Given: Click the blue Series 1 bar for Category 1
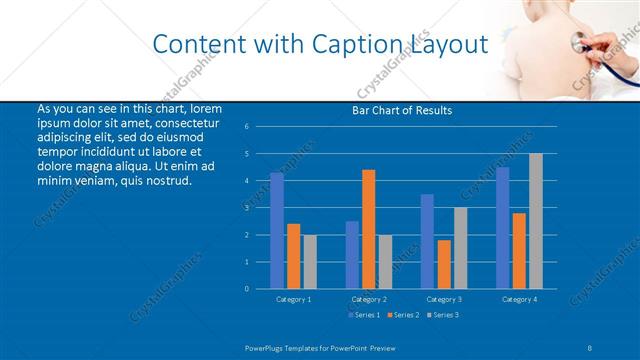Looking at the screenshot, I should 277,231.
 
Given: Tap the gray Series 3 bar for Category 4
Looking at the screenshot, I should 536,221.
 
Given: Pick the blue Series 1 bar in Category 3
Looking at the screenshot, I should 428,241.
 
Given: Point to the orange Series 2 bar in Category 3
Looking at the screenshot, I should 444,264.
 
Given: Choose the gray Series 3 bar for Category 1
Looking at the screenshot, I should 310,261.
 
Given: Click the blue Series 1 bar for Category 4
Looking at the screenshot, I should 503,228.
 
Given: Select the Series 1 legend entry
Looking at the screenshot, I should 365,315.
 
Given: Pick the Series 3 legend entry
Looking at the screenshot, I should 444,315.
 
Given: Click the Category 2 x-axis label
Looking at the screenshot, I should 369,299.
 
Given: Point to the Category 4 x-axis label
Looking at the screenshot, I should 519,299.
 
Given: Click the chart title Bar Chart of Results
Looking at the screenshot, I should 401,110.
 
